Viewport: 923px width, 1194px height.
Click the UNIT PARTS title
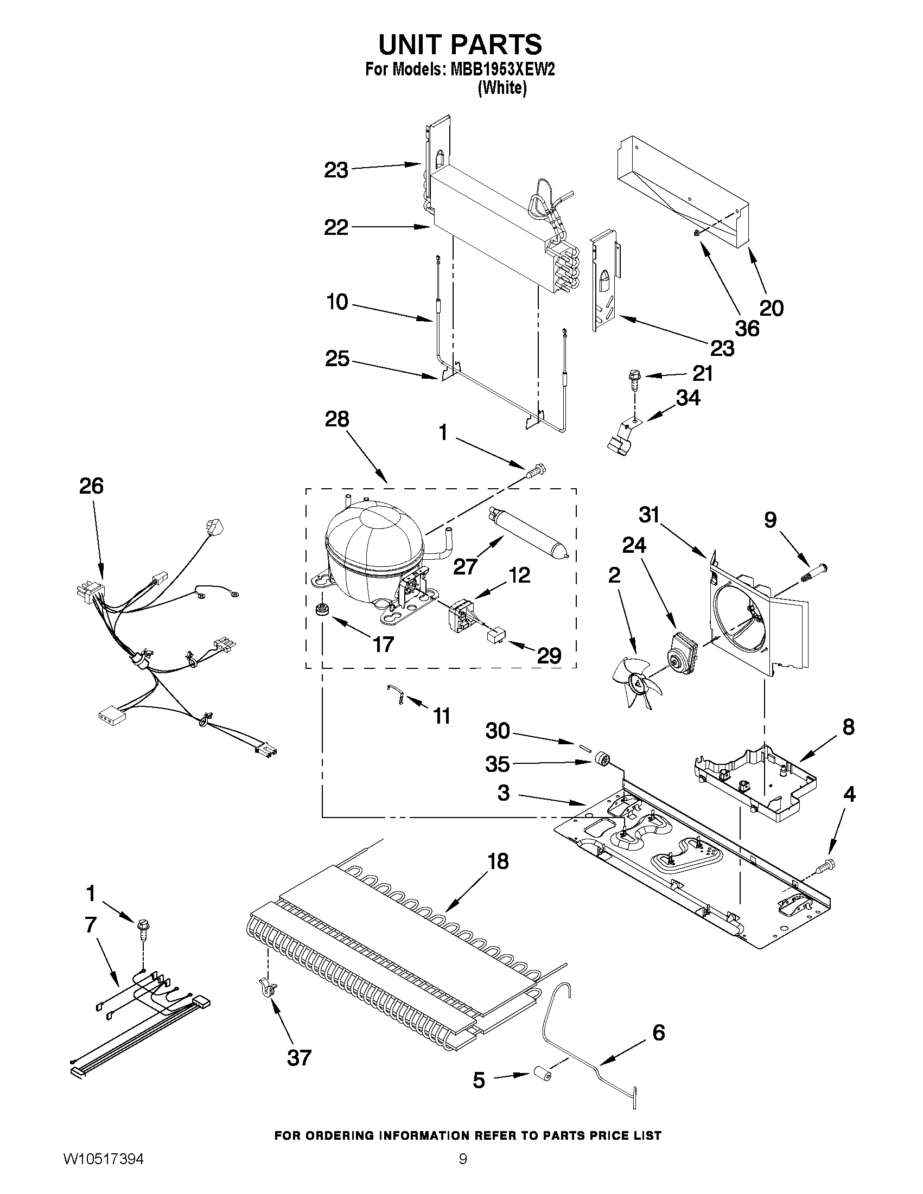point(460,44)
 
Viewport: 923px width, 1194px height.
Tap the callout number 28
point(336,419)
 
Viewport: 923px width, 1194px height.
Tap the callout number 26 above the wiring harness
point(91,486)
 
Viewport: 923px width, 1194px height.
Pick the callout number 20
point(772,308)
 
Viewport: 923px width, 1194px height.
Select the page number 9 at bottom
point(463,1170)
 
